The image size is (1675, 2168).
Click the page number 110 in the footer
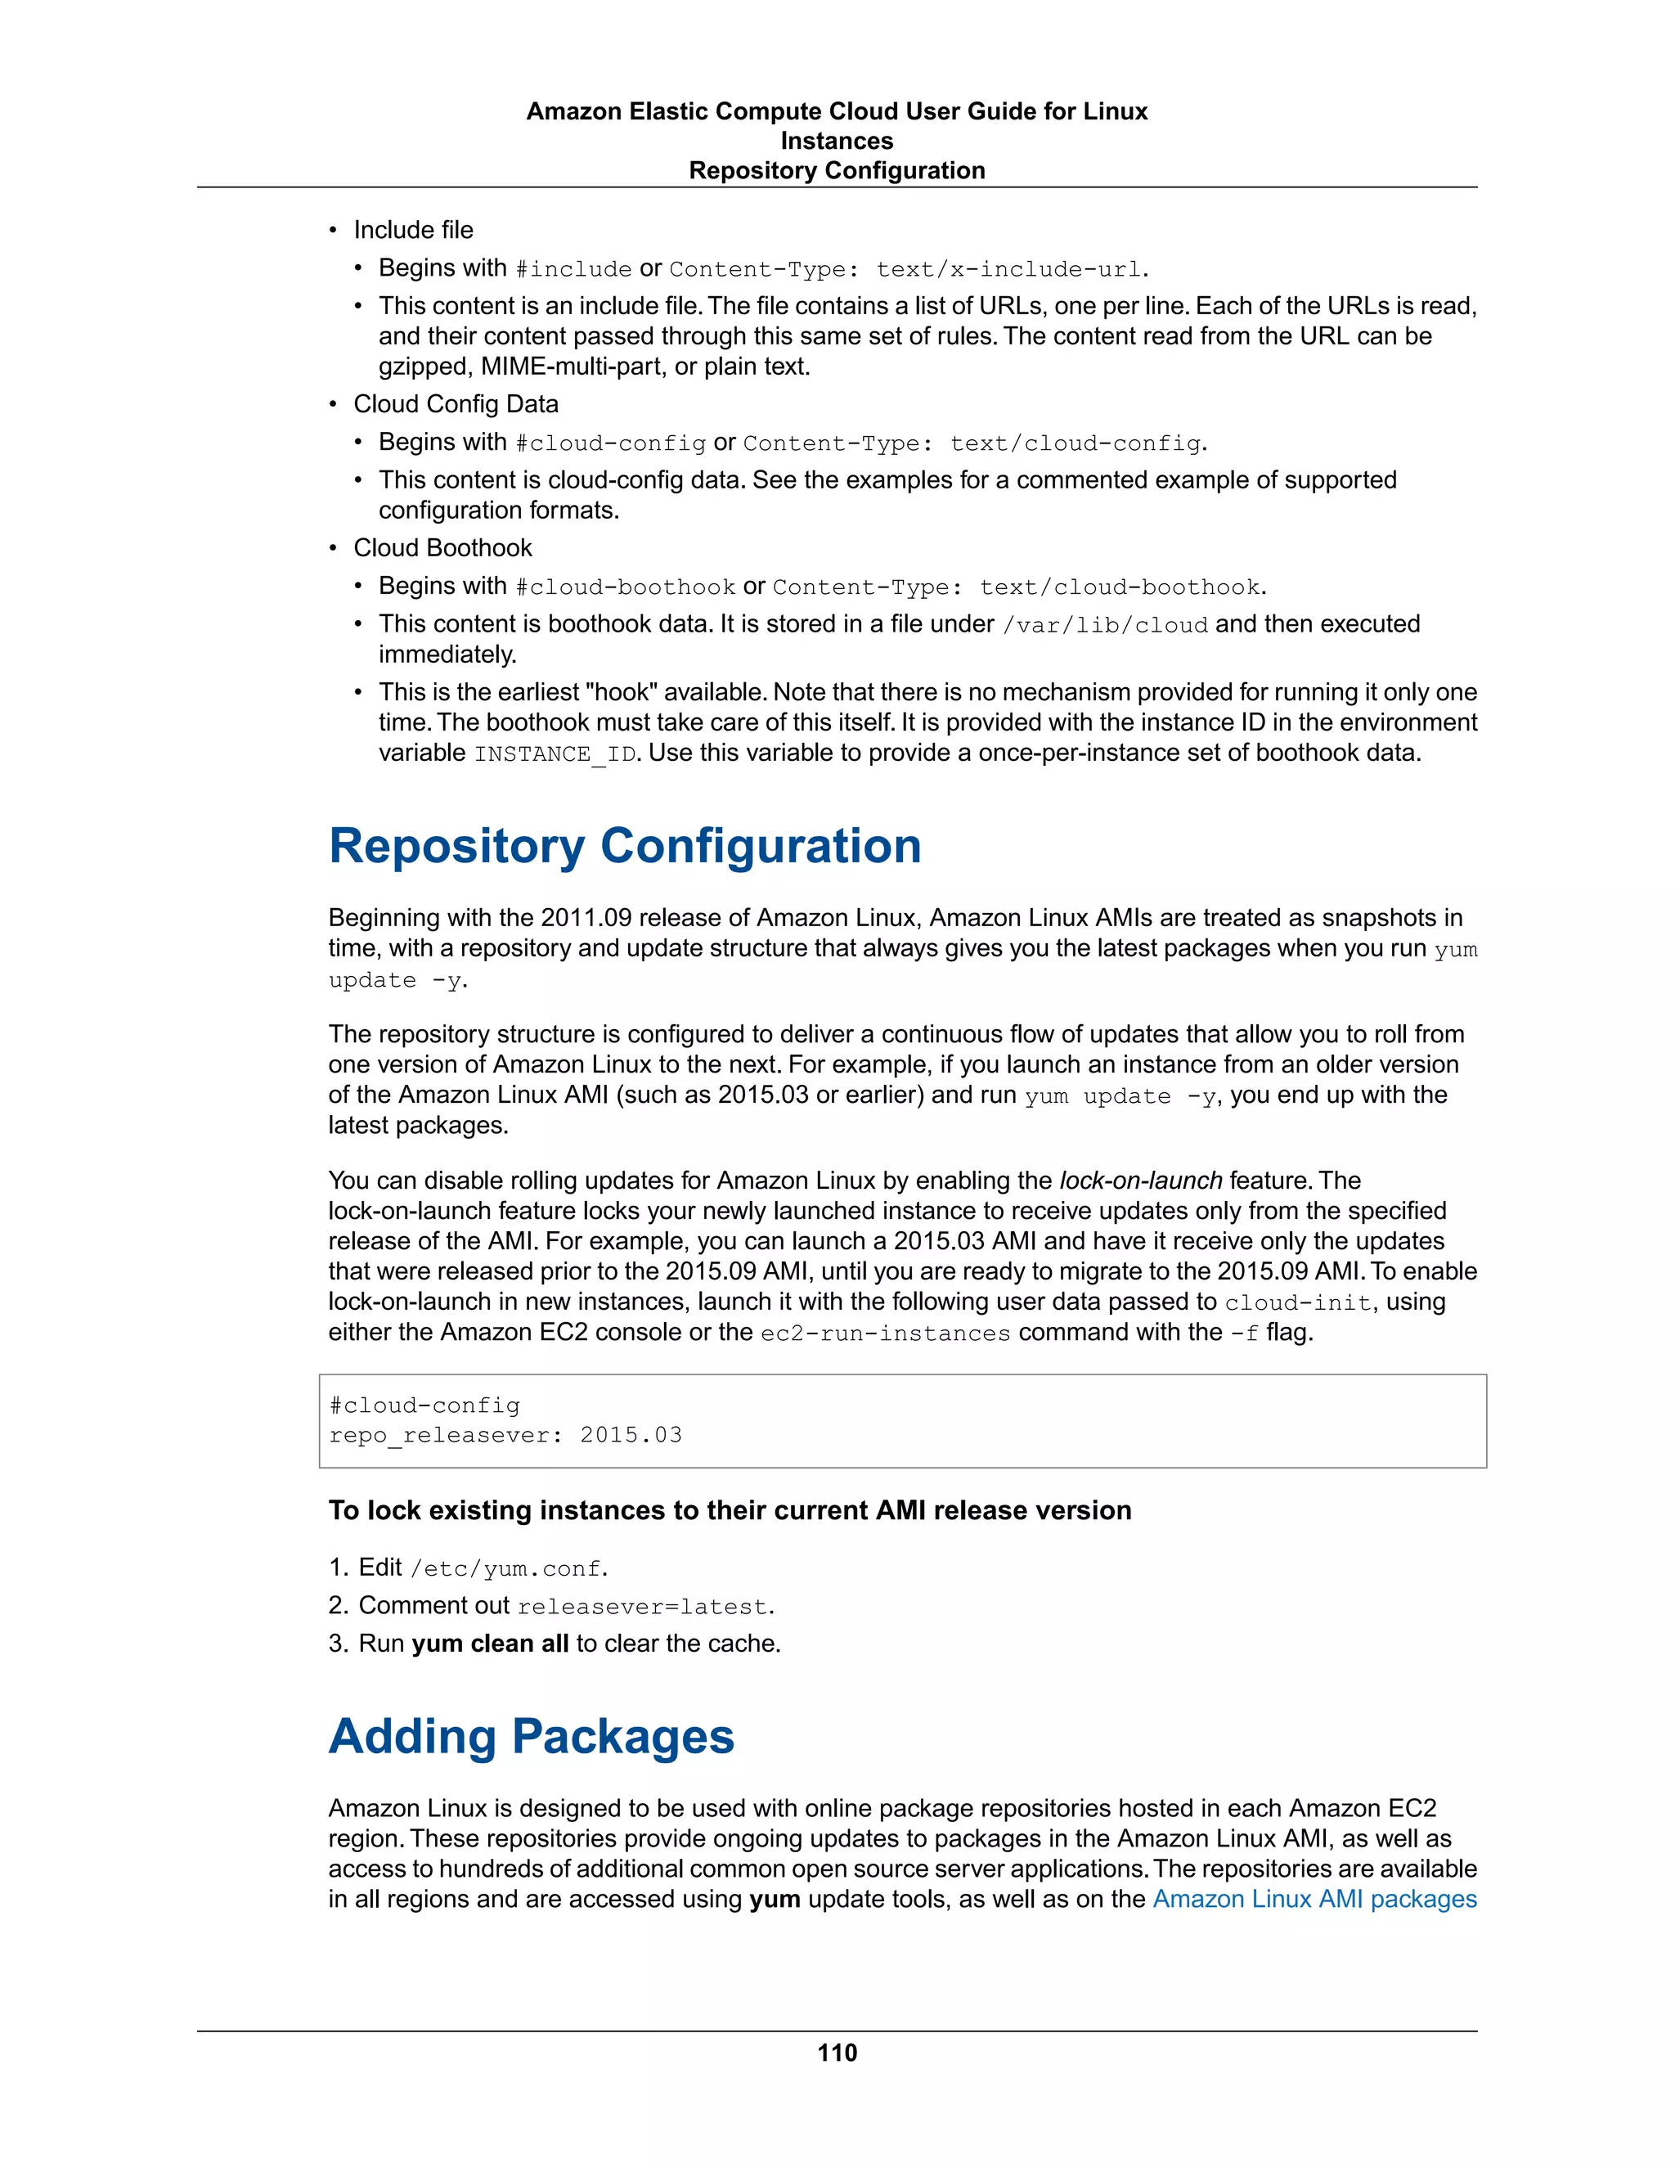pos(837,2053)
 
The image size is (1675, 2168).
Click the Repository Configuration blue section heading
pos(624,846)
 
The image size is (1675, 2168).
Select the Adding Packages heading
pos(531,1736)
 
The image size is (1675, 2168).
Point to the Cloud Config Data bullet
pos(456,404)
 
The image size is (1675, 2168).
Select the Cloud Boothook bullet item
pos(442,548)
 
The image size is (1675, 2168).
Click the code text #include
pos(573,269)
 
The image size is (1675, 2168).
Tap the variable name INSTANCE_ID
pos(555,754)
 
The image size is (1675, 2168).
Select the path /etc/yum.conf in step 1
pos(505,1568)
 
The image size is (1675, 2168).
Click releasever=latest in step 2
pos(642,1606)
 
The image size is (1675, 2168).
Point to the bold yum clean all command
pos(489,1643)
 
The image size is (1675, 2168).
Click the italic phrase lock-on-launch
pos(1140,1181)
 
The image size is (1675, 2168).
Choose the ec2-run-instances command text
pos(885,1334)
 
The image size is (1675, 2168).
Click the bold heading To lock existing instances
pos(730,1510)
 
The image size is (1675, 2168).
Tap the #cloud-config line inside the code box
pos(424,1406)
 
